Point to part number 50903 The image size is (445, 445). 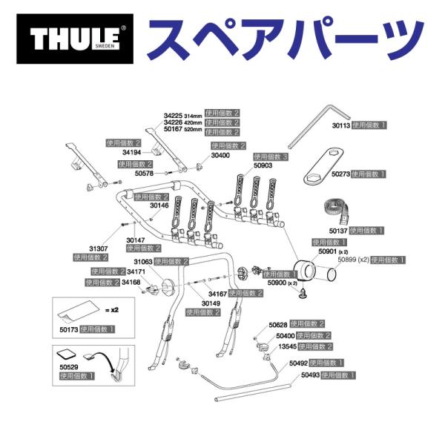coord(264,166)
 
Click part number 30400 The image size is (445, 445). coord(222,156)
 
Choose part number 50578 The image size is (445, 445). coord(145,173)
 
